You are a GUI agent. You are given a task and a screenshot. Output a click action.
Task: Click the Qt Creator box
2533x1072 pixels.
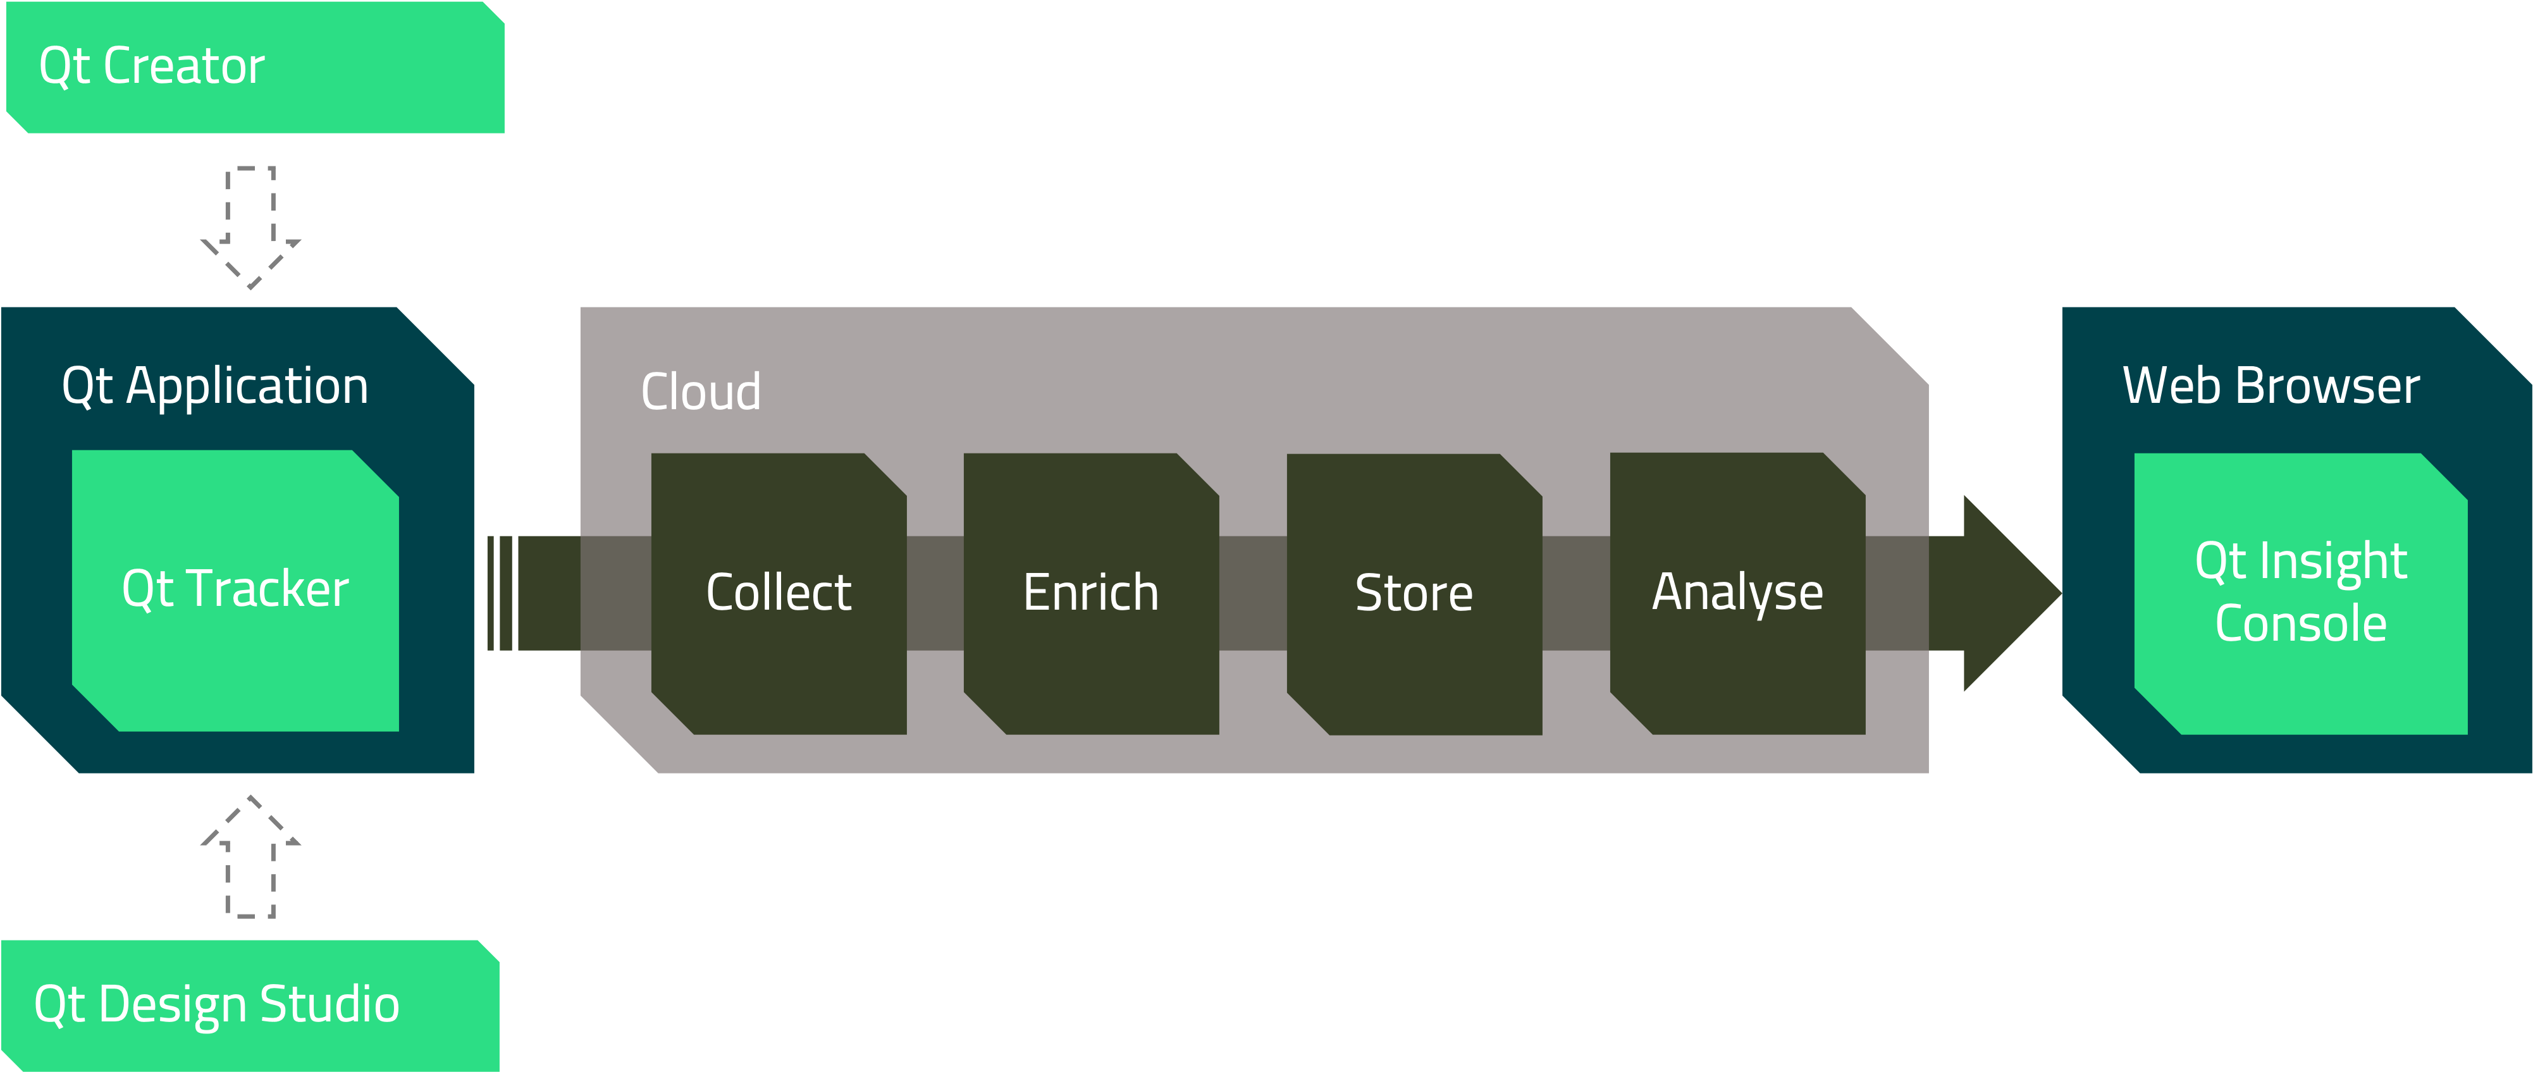tap(255, 67)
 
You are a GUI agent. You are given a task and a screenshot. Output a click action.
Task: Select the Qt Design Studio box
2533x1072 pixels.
tap(250, 1005)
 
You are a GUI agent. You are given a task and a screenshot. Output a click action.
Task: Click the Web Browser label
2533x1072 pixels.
tap(2271, 386)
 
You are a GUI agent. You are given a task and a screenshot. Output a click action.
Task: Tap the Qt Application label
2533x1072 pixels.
tap(215, 386)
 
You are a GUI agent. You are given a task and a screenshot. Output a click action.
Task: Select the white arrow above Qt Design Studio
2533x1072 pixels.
tap(250, 858)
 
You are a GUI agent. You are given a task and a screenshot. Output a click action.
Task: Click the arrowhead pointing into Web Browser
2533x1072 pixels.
tap(2006, 593)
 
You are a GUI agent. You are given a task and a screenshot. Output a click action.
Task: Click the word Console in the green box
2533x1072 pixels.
tap(2301, 624)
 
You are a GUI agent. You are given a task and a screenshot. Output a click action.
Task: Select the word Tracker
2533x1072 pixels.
tap(268, 589)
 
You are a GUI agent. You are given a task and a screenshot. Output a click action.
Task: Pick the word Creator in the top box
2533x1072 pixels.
tap(184, 67)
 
